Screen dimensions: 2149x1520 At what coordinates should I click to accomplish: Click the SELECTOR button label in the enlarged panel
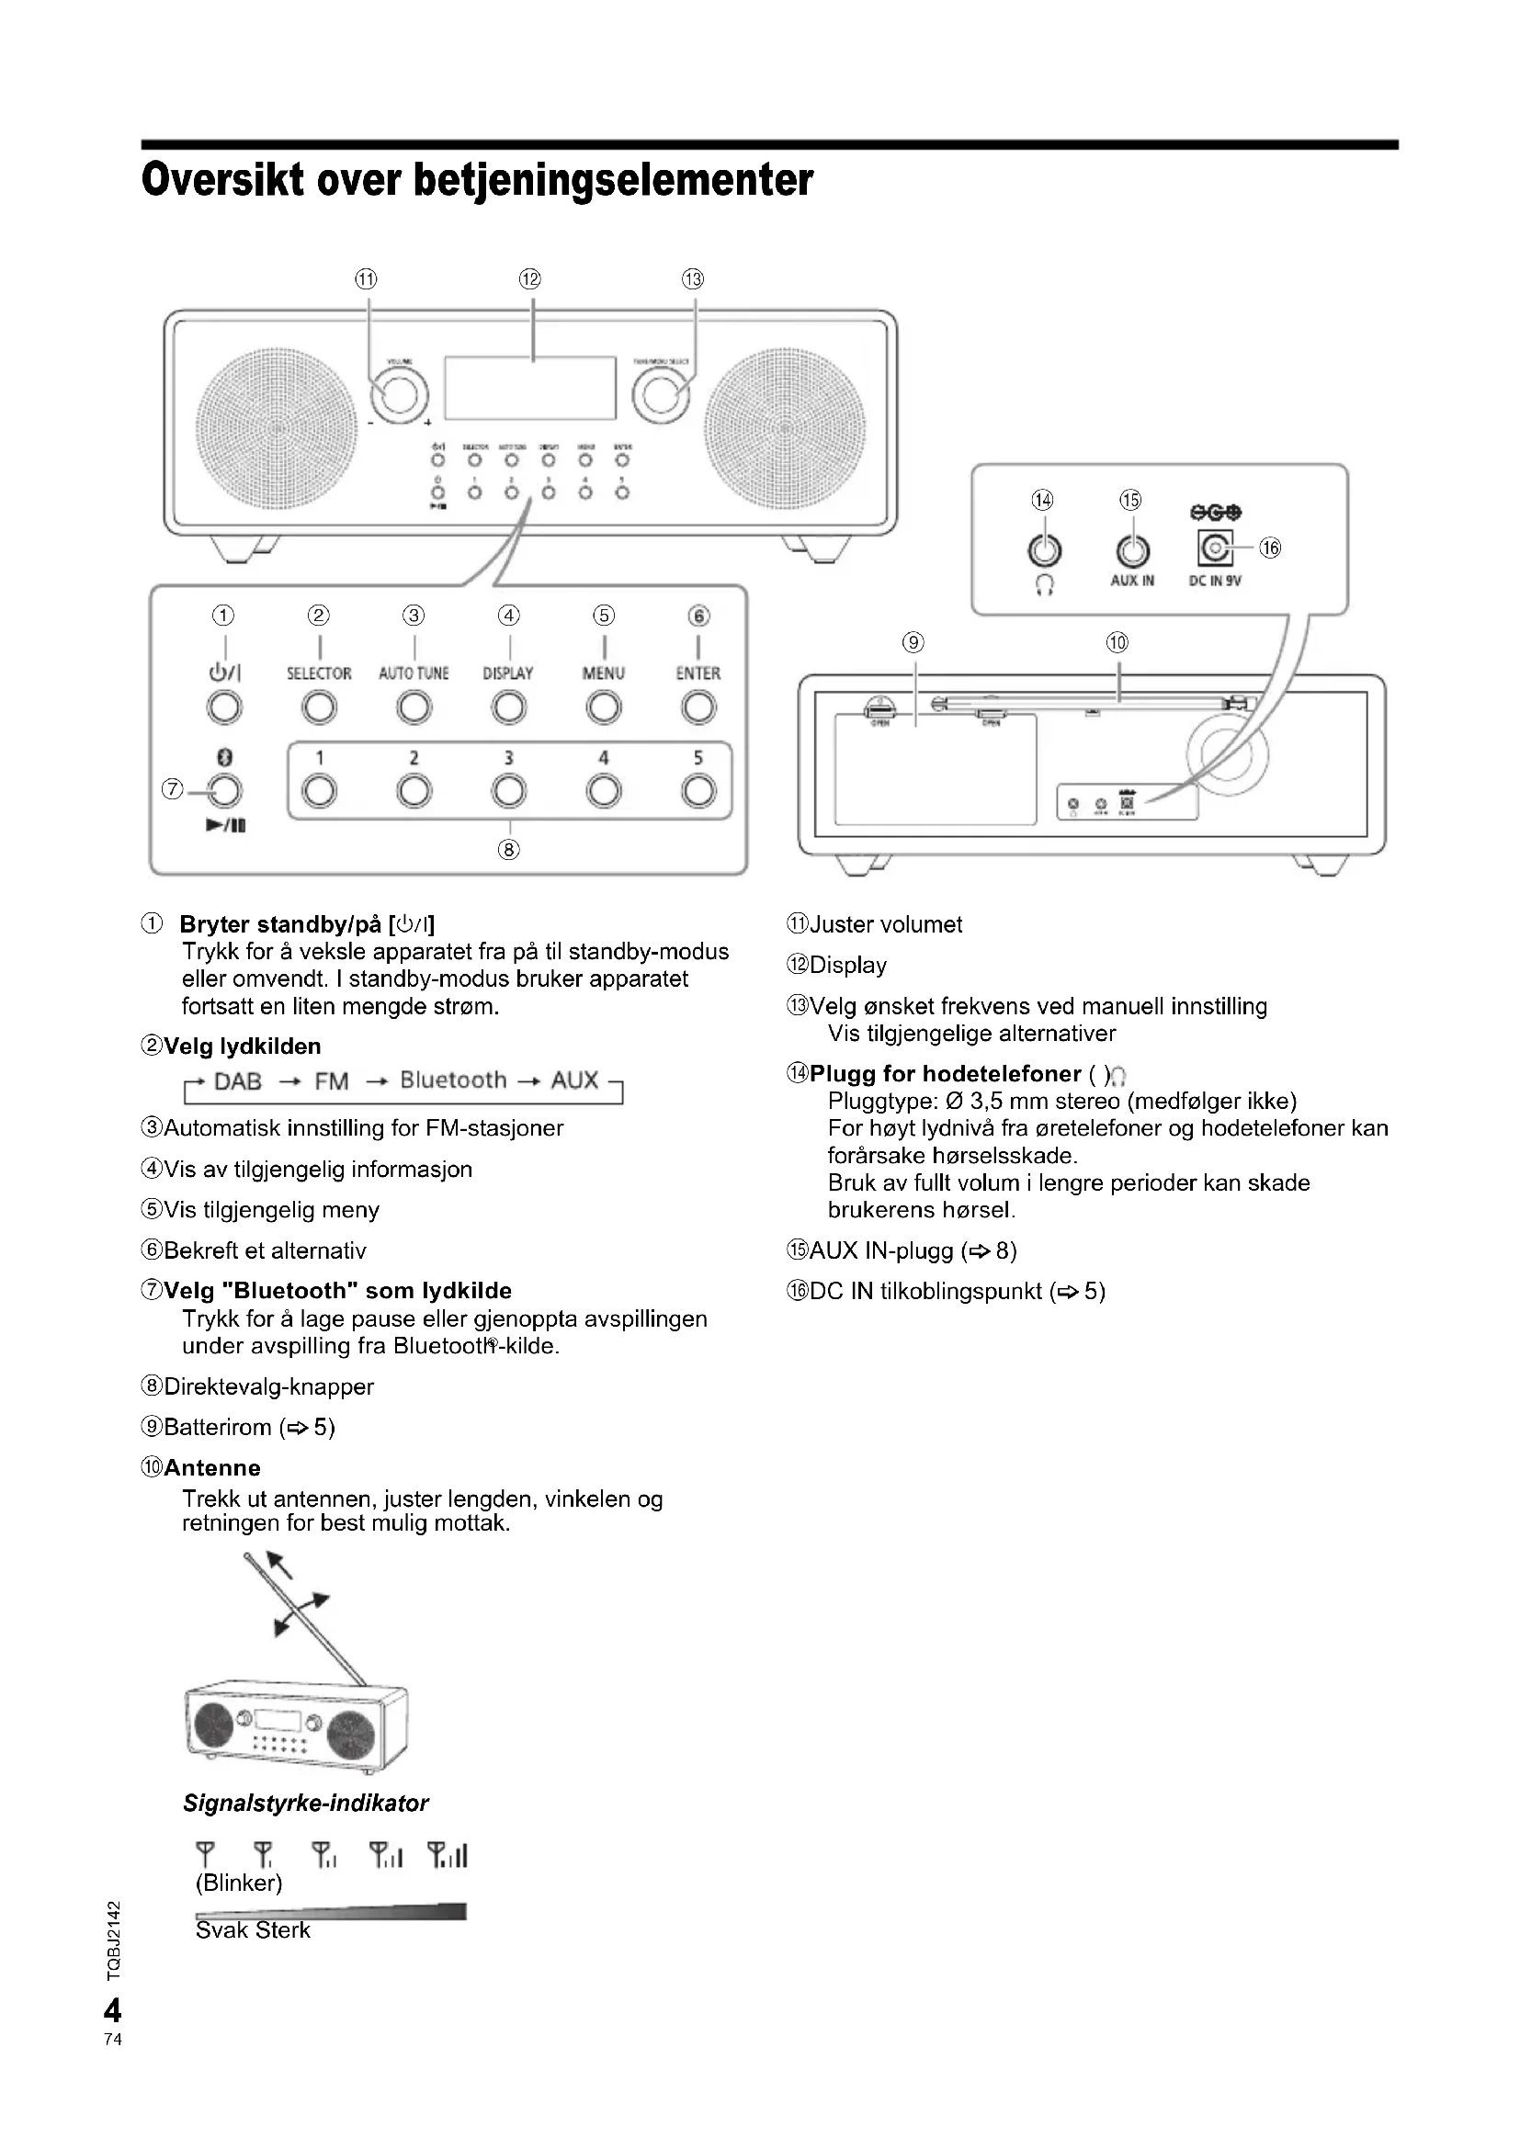tap(319, 673)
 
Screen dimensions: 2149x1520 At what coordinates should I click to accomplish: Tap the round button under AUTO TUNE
tap(414, 707)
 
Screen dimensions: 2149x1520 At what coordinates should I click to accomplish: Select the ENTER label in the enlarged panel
tap(698, 673)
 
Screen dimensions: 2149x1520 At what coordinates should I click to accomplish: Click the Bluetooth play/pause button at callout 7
tap(223, 791)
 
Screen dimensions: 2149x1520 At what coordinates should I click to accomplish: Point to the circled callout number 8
tap(509, 849)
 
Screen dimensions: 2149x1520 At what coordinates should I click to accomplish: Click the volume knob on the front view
tap(400, 397)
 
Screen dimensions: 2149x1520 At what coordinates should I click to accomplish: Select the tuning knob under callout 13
tap(660, 397)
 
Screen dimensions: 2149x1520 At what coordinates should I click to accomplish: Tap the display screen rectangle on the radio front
tap(529, 389)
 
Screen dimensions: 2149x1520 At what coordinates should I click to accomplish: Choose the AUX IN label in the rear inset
tap(1132, 581)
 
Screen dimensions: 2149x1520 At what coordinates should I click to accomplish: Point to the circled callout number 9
tap(913, 642)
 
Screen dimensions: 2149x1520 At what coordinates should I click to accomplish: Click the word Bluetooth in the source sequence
tap(453, 1080)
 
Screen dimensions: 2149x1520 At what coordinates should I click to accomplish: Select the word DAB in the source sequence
tap(238, 1081)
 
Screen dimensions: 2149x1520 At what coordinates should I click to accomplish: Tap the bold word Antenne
tap(212, 1467)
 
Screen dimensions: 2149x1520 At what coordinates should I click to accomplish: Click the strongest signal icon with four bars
tap(448, 1854)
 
